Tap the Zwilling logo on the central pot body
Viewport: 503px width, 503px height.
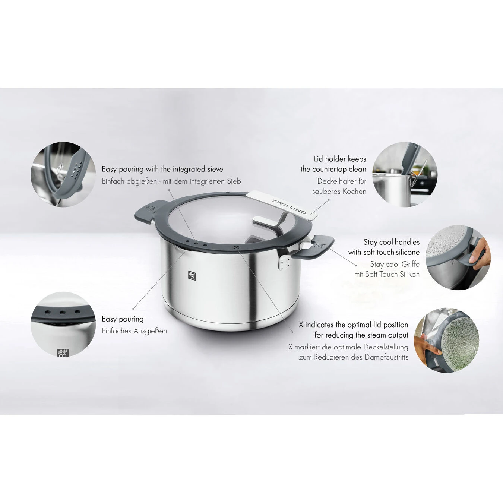click(192, 275)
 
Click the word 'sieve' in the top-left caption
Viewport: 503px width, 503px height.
click(215, 169)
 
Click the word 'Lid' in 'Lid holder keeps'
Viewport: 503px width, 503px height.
click(318, 159)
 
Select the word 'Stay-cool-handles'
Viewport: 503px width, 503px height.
click(391, 242)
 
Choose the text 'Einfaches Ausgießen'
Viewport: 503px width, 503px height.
click(134, 331)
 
